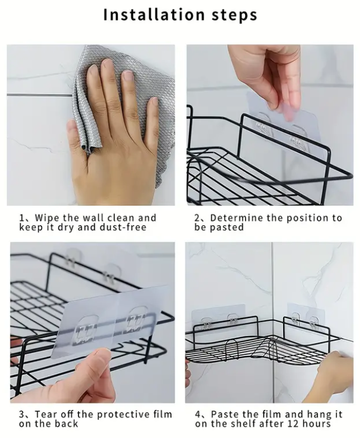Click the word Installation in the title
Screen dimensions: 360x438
pos(154,15)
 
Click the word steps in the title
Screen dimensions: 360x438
pos(234,15)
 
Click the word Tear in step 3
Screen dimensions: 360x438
pos(47,414)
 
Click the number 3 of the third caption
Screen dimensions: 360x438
pos(21,414)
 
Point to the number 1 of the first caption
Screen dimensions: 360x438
pos(21,218)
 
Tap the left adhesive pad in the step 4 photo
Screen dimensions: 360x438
pos(218,318)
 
